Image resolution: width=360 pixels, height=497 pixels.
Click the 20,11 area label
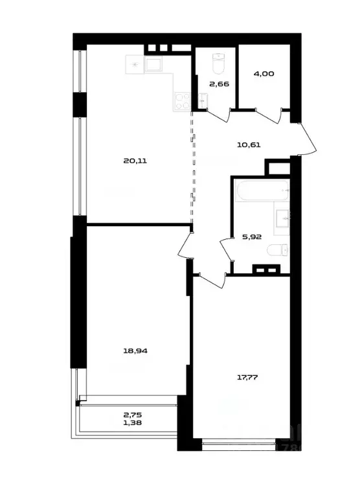(x=136, y=161)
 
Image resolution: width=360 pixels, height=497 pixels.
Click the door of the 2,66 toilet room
(x=220, y=115)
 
